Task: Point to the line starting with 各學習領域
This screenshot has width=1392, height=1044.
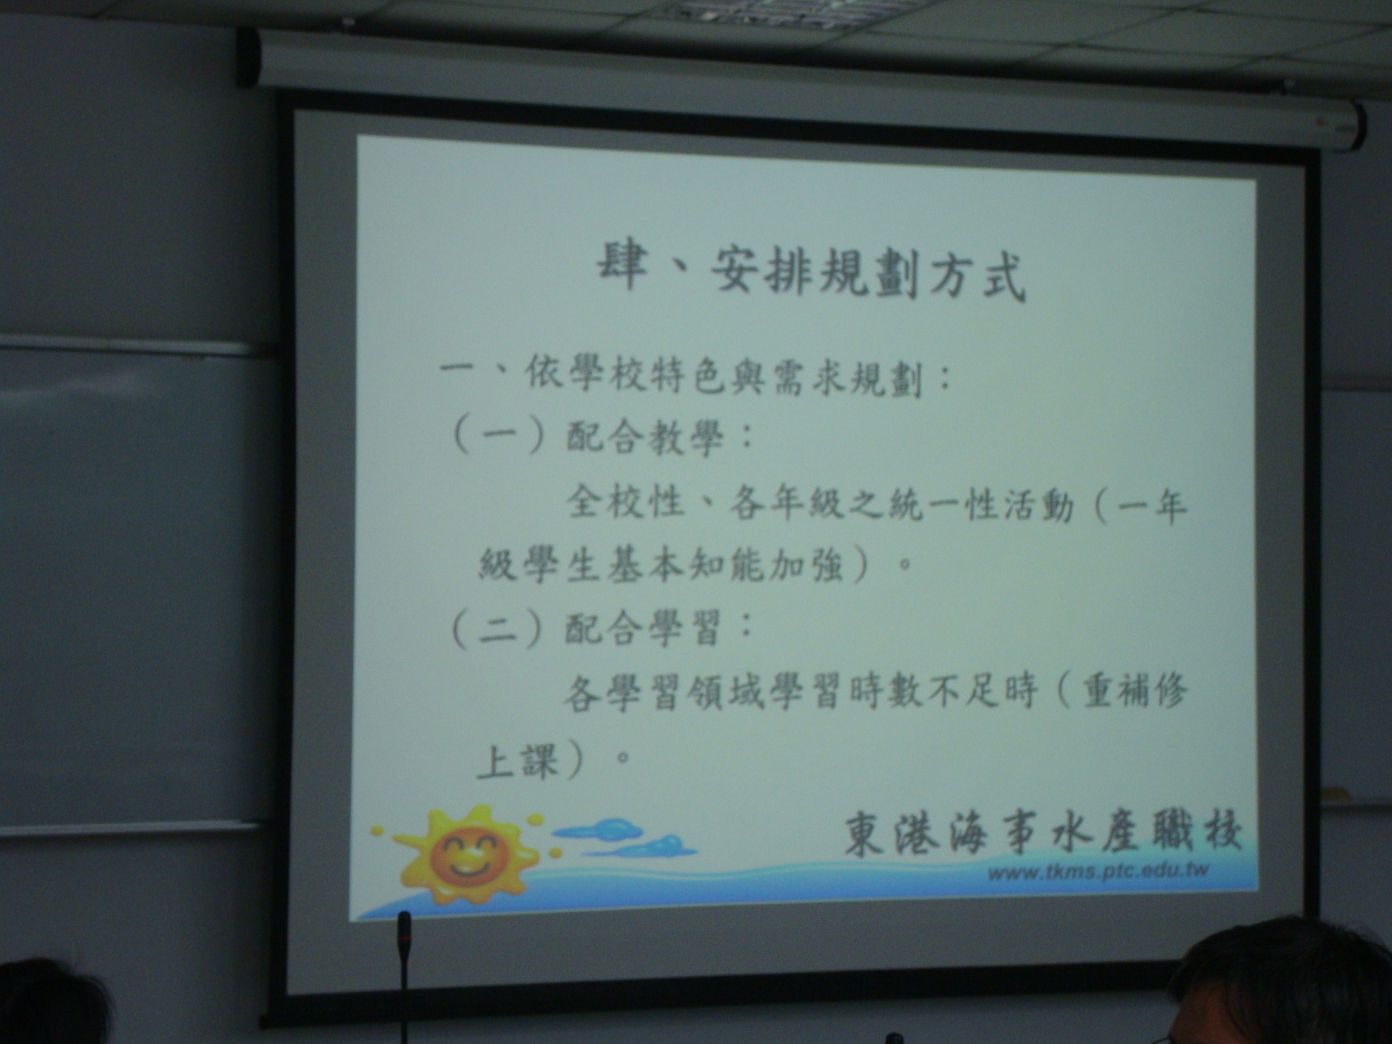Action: (874, 695)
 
